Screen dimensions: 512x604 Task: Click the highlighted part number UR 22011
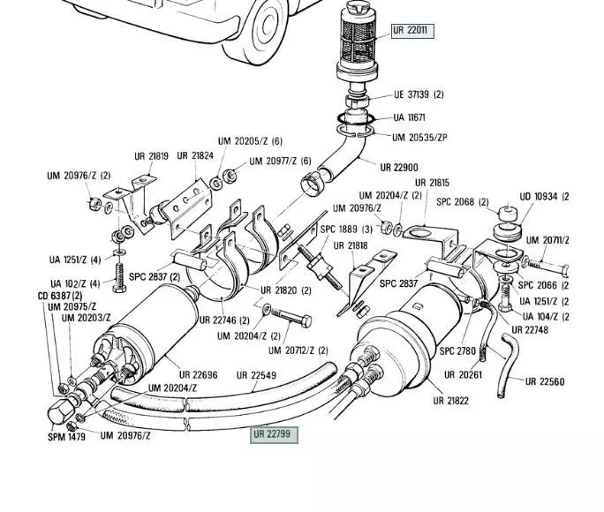[411, 30]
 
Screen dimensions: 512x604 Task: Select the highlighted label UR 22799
[271, 434]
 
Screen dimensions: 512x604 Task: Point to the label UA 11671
[410, 117]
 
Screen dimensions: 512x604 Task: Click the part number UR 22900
[399, 167]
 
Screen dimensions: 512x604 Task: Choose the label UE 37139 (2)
[419, 94]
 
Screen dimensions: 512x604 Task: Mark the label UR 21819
[151, 156]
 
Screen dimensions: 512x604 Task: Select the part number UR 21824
[195, 156]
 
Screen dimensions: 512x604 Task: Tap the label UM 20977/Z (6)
[280, 162]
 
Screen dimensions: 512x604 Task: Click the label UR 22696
[198, 375]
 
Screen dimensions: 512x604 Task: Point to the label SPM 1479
[66, 437]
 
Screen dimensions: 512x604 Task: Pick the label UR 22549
[256, 375]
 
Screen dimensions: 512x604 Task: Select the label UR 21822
[450, 401]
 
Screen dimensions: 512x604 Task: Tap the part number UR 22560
[544, 382]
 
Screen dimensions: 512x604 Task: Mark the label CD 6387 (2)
[59, 296]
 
